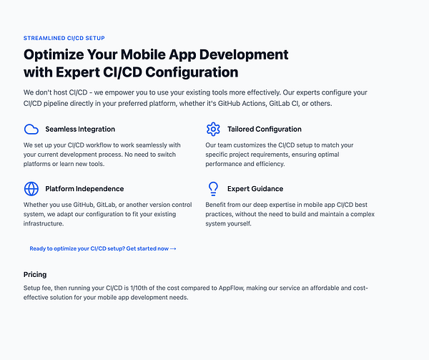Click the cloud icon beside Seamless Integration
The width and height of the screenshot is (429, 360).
(31, 130)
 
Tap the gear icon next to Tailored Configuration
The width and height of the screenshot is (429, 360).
(213, 130)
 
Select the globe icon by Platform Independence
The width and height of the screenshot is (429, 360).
(31, 189)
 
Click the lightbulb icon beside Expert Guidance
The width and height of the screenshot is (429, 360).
(213, 189)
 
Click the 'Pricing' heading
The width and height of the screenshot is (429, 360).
(35, 275)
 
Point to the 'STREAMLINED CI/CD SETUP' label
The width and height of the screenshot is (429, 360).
(64, 38)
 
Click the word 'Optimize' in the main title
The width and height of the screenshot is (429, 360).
(54, 55)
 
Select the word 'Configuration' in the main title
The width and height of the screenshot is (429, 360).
(192, 72)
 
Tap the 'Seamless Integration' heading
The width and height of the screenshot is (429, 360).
(80, 130)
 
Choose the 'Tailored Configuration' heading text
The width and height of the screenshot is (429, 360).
(265, 130)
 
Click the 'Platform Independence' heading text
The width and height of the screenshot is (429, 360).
(84, 189)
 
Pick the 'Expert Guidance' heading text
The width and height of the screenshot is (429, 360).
(255, 189)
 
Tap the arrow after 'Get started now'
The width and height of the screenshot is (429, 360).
(173, 248)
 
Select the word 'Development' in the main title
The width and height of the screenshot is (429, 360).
(244, 55)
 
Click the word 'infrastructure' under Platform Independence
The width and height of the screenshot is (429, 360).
(43, 223)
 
